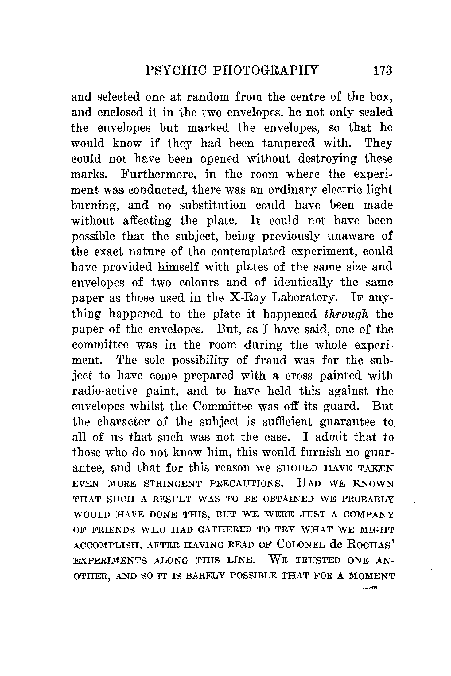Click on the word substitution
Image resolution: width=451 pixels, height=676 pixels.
click(x=213, y=205)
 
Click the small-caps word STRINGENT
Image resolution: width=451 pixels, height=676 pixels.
click(x=173, y=484)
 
